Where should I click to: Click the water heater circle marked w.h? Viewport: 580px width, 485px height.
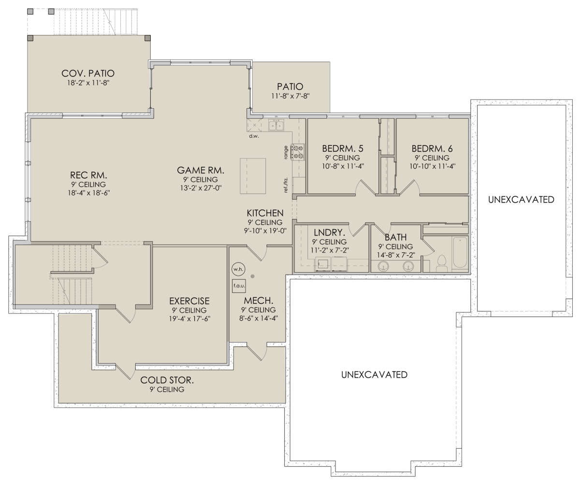coord(238,269)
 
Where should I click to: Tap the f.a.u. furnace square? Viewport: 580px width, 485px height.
coord(239,286)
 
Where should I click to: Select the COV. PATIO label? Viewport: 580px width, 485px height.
coord(88,73)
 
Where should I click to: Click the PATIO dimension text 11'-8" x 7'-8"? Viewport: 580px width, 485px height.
coord(290,96)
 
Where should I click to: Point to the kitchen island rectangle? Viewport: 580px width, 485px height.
coord(253,176)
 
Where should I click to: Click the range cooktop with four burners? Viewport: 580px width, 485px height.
coord(298,152)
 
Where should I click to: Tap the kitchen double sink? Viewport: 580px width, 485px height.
coord(276,125)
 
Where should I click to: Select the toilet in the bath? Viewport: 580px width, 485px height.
coord(441,263)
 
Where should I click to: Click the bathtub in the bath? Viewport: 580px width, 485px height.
coord(460,252)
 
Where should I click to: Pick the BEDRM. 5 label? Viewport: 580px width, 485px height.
coord(343,149)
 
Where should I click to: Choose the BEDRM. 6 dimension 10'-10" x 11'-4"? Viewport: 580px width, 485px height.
coord(433,166)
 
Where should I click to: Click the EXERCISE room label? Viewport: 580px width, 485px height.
coord(189,301)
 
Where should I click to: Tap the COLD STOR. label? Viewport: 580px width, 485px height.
coord(167,380)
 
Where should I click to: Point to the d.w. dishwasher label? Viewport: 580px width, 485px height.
coord(254,136)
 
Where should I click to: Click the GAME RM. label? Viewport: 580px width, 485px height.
coord(201,170)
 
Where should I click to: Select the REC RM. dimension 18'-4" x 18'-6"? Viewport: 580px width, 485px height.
coord(89,192)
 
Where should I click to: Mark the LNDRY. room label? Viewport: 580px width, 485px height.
coord(330,233)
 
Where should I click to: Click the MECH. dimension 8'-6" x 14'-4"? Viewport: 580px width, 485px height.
coord(259,318)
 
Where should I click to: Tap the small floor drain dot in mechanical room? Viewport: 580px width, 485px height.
coord(252,276)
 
